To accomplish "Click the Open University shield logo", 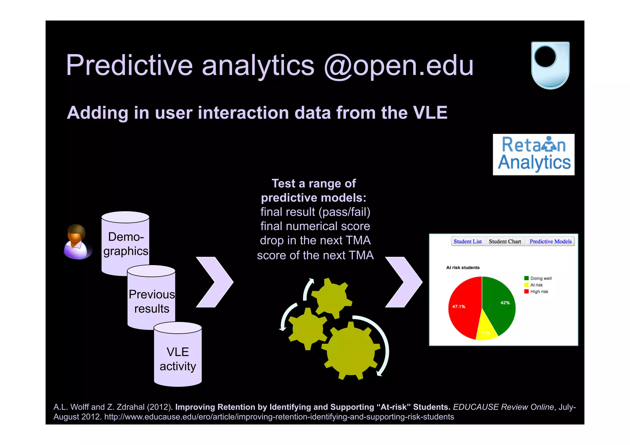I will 550,65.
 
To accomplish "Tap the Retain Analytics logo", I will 533,154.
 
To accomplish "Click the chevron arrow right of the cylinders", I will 215,282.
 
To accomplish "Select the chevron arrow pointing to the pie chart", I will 404,282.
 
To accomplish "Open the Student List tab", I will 468,241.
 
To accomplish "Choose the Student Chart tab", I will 505,241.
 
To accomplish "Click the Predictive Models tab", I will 550,241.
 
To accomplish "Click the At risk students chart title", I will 463,268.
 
